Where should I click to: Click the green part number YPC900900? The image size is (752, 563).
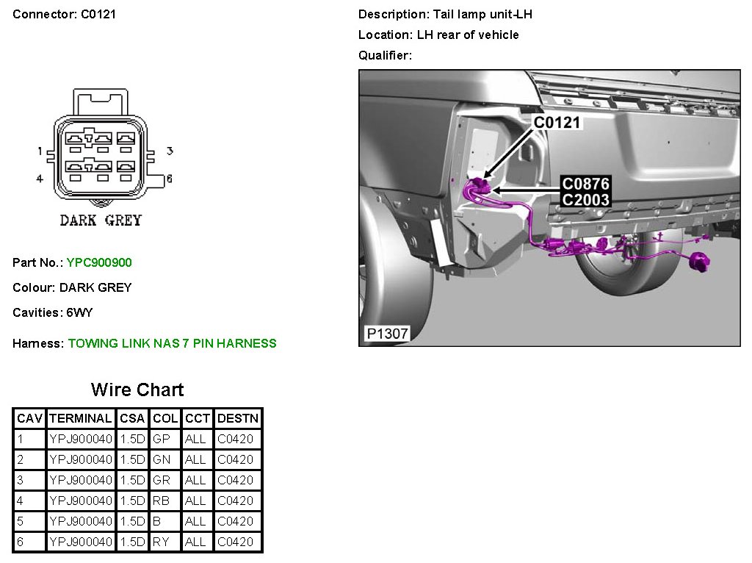tap(99, 262)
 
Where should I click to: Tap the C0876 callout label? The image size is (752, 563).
tap(585, 184)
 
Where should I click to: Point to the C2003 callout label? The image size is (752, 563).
tap(585, 199)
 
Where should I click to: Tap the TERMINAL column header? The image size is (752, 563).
tap(80, 418)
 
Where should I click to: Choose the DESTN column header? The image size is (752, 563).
tap(238, 418)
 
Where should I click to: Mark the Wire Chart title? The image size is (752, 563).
tap(137, 390)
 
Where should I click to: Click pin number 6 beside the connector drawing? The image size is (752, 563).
tap(169, 179)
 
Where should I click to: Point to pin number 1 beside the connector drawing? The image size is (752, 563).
tap(40, 151)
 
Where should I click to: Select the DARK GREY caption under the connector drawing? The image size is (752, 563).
tap(101, 220)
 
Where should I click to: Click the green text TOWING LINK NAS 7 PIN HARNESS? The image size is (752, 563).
tap(172, 343)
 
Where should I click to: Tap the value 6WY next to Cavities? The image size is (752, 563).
tap(79, 312)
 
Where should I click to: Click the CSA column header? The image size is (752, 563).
tap(132, 418)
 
